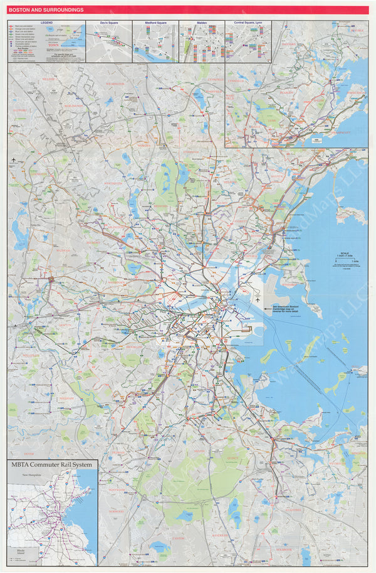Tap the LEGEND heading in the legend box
(47, 23)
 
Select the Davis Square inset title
(108, 23)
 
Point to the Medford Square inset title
(155, 23)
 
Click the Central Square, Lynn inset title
(248, 23)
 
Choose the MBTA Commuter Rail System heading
(53, 464)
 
